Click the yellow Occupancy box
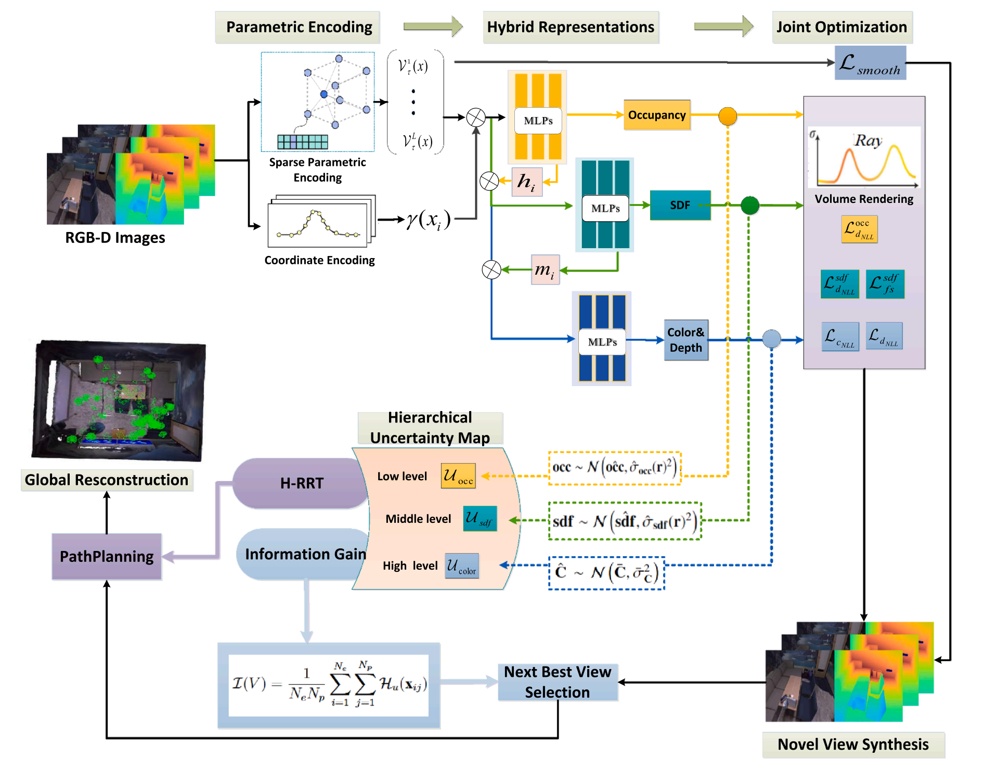[x=656, y=115]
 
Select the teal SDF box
[x=680, y=206]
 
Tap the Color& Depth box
[x=685, y=340]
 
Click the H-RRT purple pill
[x=302, y=483]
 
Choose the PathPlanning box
[x=107, y=556]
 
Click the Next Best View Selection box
[x=558, y=682]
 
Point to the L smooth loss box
[x=870, y=63]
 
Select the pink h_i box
[x=527, y=182]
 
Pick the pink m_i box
[x=545, y=269]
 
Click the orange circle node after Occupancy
[x=727, y=116]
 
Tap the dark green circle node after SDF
[x=749, y=206]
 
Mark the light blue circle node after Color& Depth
[x=771, y=339]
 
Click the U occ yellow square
[x=458, y=476]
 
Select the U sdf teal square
[x=480, y=519]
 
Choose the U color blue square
[x=461, y=566]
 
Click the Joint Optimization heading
[x=841, y=27]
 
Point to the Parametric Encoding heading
[x=299, y=27]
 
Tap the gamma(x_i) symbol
[x=428, y=219]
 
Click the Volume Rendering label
[x=863, y=199]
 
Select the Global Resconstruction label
[x=107, y=480]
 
